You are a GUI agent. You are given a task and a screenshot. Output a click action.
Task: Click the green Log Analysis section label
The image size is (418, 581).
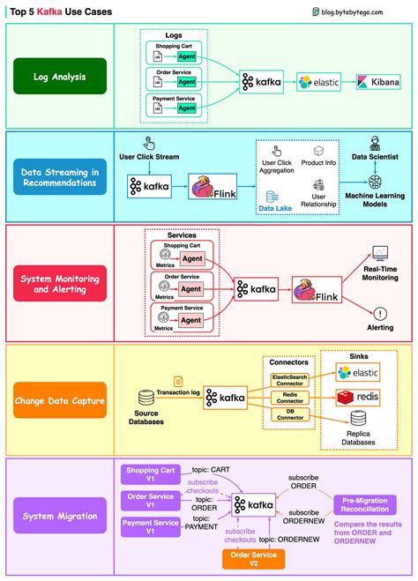click(59, 77)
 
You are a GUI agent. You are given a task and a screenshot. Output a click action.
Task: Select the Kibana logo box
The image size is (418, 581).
click(377, 82)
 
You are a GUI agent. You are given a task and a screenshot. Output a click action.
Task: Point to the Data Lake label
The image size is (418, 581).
click(277, 208)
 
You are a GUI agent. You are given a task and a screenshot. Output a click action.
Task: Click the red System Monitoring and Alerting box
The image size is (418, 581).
click(59, 282)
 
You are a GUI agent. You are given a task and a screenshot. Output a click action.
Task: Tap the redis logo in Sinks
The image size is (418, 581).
click(358, 399)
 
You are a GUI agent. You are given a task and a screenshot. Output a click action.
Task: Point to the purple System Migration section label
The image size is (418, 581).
click(59, 516)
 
